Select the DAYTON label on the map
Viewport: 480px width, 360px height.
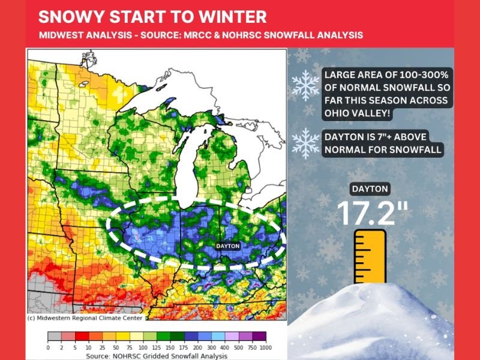[x=227, y=246]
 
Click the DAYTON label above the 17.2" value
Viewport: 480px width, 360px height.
[x=370, y=189]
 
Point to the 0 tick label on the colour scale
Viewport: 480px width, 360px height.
[x=48, y=347]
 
